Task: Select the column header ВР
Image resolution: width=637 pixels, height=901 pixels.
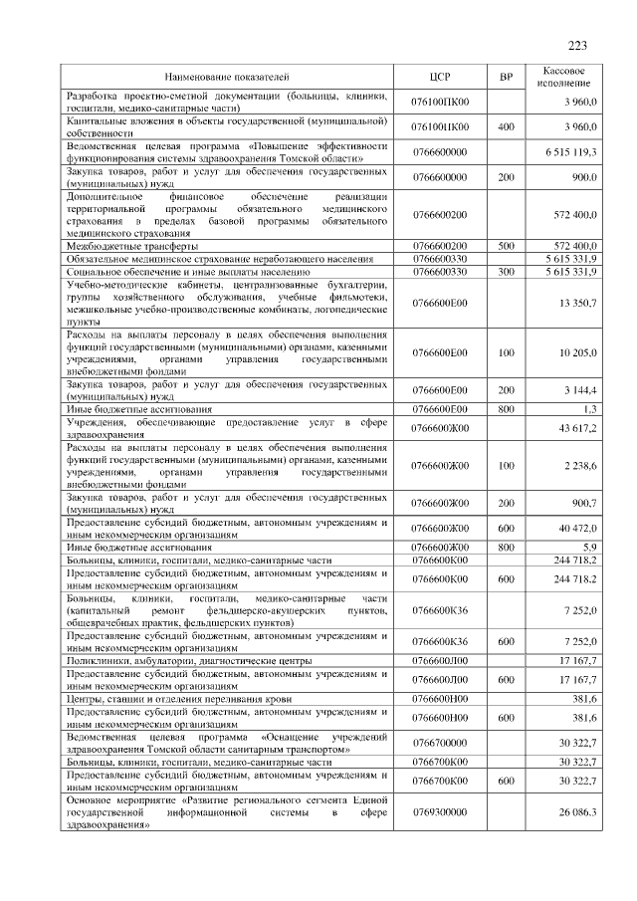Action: (505, 76)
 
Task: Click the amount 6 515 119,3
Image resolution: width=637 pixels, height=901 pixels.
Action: (571, 151)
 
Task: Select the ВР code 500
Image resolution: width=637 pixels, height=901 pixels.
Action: (505, 245)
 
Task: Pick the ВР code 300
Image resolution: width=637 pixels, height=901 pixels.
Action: (505, 271)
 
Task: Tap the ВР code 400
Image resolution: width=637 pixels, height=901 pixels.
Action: (505, 126)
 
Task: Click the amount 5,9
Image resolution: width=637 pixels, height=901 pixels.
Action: (589, 548)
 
